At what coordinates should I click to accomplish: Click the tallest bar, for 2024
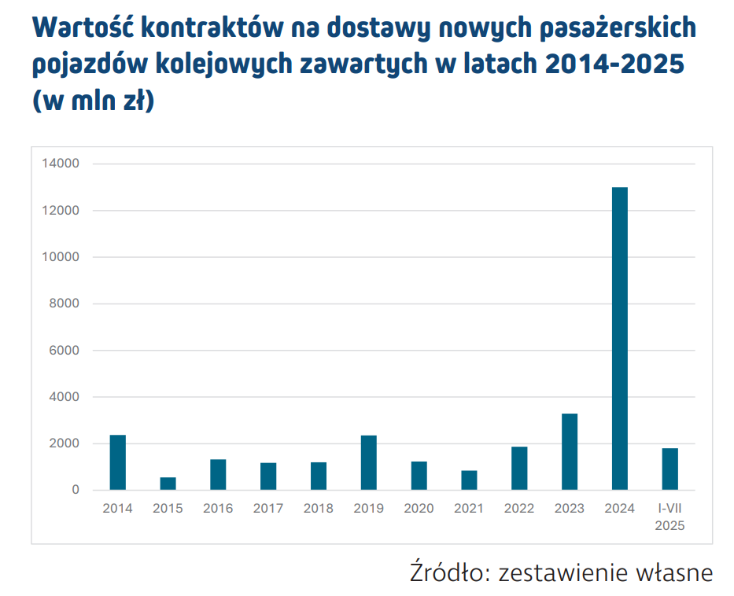(619, 338)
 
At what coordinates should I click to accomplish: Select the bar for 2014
(117, 462)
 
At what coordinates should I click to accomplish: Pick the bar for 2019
(368, 462)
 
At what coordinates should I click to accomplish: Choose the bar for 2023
(570, 451)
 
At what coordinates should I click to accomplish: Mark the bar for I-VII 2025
(669, 469)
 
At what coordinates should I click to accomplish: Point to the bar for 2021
(469, 480)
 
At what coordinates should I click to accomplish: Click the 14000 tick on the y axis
(64, 164)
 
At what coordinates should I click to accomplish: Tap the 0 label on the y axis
(76, 490)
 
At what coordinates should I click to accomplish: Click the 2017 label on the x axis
(268, 509)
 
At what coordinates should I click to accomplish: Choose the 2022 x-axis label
(519, 509)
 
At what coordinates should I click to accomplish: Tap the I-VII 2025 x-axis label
(669, 517)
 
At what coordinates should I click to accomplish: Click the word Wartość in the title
(85, 28)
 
